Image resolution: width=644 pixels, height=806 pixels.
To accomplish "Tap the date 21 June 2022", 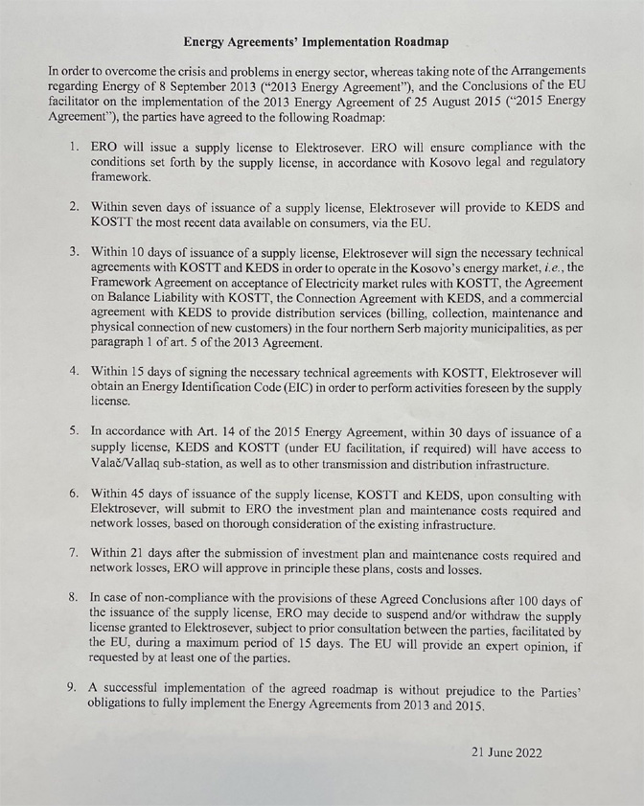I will (x=506, y=752).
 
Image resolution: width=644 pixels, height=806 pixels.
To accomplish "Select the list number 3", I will (x=73, y=250).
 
